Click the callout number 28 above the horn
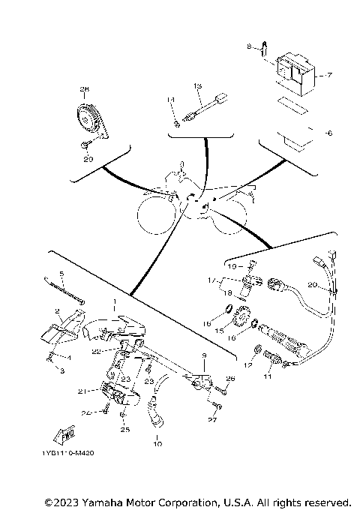84,89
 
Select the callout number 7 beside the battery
328,76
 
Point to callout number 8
250,46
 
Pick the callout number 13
198,87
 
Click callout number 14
170,100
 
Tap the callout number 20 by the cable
313,284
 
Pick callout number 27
213,421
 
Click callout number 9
202,355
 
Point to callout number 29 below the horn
88,160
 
